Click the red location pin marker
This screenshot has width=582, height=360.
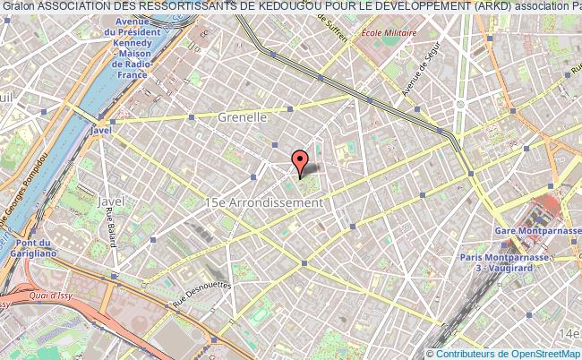pyautogui.click(x=300, y=162)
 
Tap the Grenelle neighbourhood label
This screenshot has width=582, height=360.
pyautogui.click(x=243, y=117)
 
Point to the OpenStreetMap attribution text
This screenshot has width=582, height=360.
pyautogui.click(x=503, y=354)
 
